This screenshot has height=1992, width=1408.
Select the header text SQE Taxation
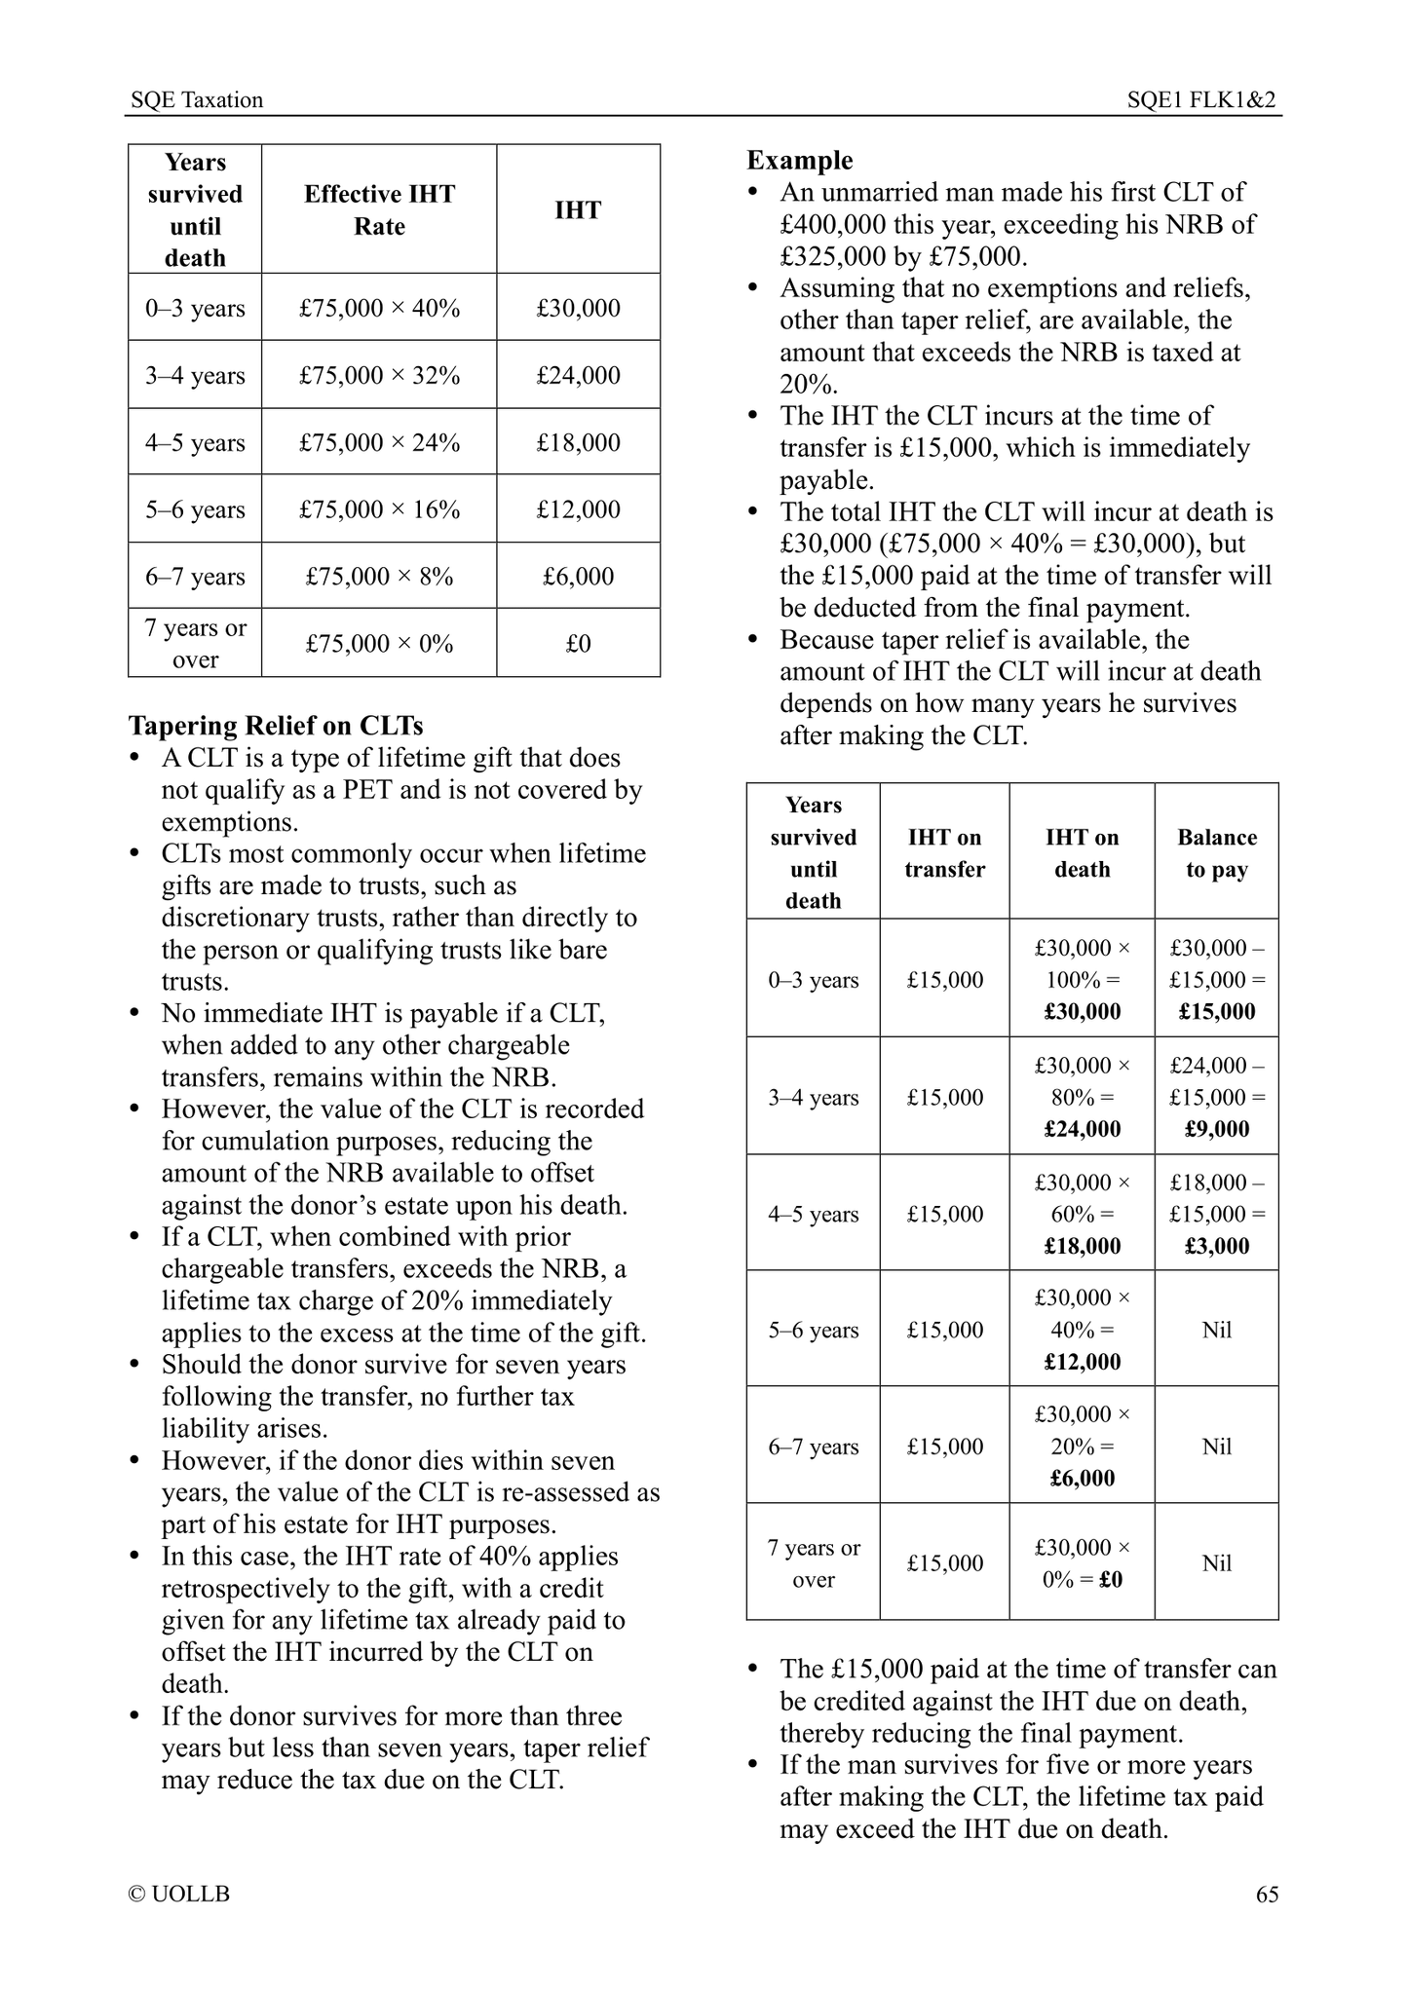pyautogui.click(x=197, y=100)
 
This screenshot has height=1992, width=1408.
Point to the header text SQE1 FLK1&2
pyautogui.click(x=1201, y=100)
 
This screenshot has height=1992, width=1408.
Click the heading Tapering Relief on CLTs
pyautogui.click(x=276, y=726)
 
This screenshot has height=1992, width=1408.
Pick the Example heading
pyautogui.click(x=799, y=161)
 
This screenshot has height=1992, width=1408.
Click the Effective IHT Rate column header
pyautogui.click(x=379, y=209)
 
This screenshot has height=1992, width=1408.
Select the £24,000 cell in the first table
pyautogui.click(x=578, y=376)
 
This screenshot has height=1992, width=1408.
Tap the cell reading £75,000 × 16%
pyautogui.click(x=379, y=509)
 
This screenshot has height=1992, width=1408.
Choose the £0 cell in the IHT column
pyautogui.click(x=578, y=644)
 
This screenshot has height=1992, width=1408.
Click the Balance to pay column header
pyautogui.click(x=1216, y=853)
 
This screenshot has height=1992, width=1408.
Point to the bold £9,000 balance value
pyautogui.click(x=1217, y=1129)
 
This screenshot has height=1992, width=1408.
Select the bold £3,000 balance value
pyautogui.click(x=1217, y=1246)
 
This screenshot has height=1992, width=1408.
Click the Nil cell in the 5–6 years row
pyautogui.click(x=1216, y=1330)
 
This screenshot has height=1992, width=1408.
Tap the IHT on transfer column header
pyautogui.click(x=944, y=853)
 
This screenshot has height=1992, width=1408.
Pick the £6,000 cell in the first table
pyautogui.click(x=578, y=577)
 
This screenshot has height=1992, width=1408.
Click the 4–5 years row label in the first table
pyautogui.click(x=195, y=443)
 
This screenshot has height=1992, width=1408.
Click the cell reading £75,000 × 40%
pyautogui.click(x=379, y=309)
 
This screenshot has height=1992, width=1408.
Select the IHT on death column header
pyautogui.click(x=1082, y=853)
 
